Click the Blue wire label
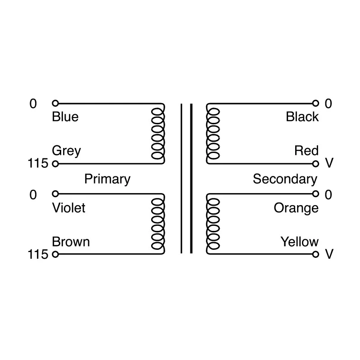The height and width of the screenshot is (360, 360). pos(65,117)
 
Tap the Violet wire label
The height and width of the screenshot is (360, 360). pos(69,208)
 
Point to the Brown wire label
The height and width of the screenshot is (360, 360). pos(71,242)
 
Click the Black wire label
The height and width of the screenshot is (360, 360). pos(302,117)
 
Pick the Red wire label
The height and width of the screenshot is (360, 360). pos(306,151)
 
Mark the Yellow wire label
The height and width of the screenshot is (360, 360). pos(300,242)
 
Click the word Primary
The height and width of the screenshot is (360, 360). pos(107,180)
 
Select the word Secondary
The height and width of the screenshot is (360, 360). pos(285,180)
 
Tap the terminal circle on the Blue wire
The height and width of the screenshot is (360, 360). pos(55,103)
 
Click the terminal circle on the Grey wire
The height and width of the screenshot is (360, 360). pos(55,164)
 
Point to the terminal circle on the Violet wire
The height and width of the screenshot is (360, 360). pos(55,194)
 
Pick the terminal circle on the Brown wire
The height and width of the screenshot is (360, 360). pos(55,254)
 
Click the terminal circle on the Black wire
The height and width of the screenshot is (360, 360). pos(316,103)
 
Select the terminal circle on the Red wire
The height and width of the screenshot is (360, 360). pos(316,164)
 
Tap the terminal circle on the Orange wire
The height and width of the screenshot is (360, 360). pos(316,194)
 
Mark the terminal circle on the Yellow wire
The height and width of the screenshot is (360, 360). pos(316,254)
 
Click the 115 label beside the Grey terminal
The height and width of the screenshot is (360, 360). pos(38,163)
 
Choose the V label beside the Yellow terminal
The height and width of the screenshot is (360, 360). pos(329,254)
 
